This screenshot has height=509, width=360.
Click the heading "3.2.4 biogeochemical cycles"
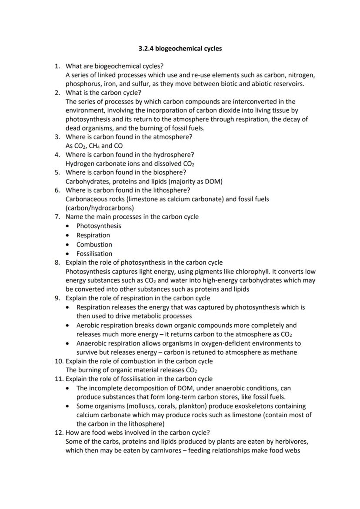coord(180,49)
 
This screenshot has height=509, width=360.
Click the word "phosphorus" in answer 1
coord(82,84)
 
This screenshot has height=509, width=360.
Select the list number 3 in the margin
coord(57,137)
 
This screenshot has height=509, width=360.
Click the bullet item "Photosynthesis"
coord(99,226)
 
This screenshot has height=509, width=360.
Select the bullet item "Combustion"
coord(94,245)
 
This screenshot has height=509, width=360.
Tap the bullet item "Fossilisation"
coord(94,254)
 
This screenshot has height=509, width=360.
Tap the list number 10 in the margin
coord(58,361)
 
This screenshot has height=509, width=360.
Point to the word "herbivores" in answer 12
coord(291,442)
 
